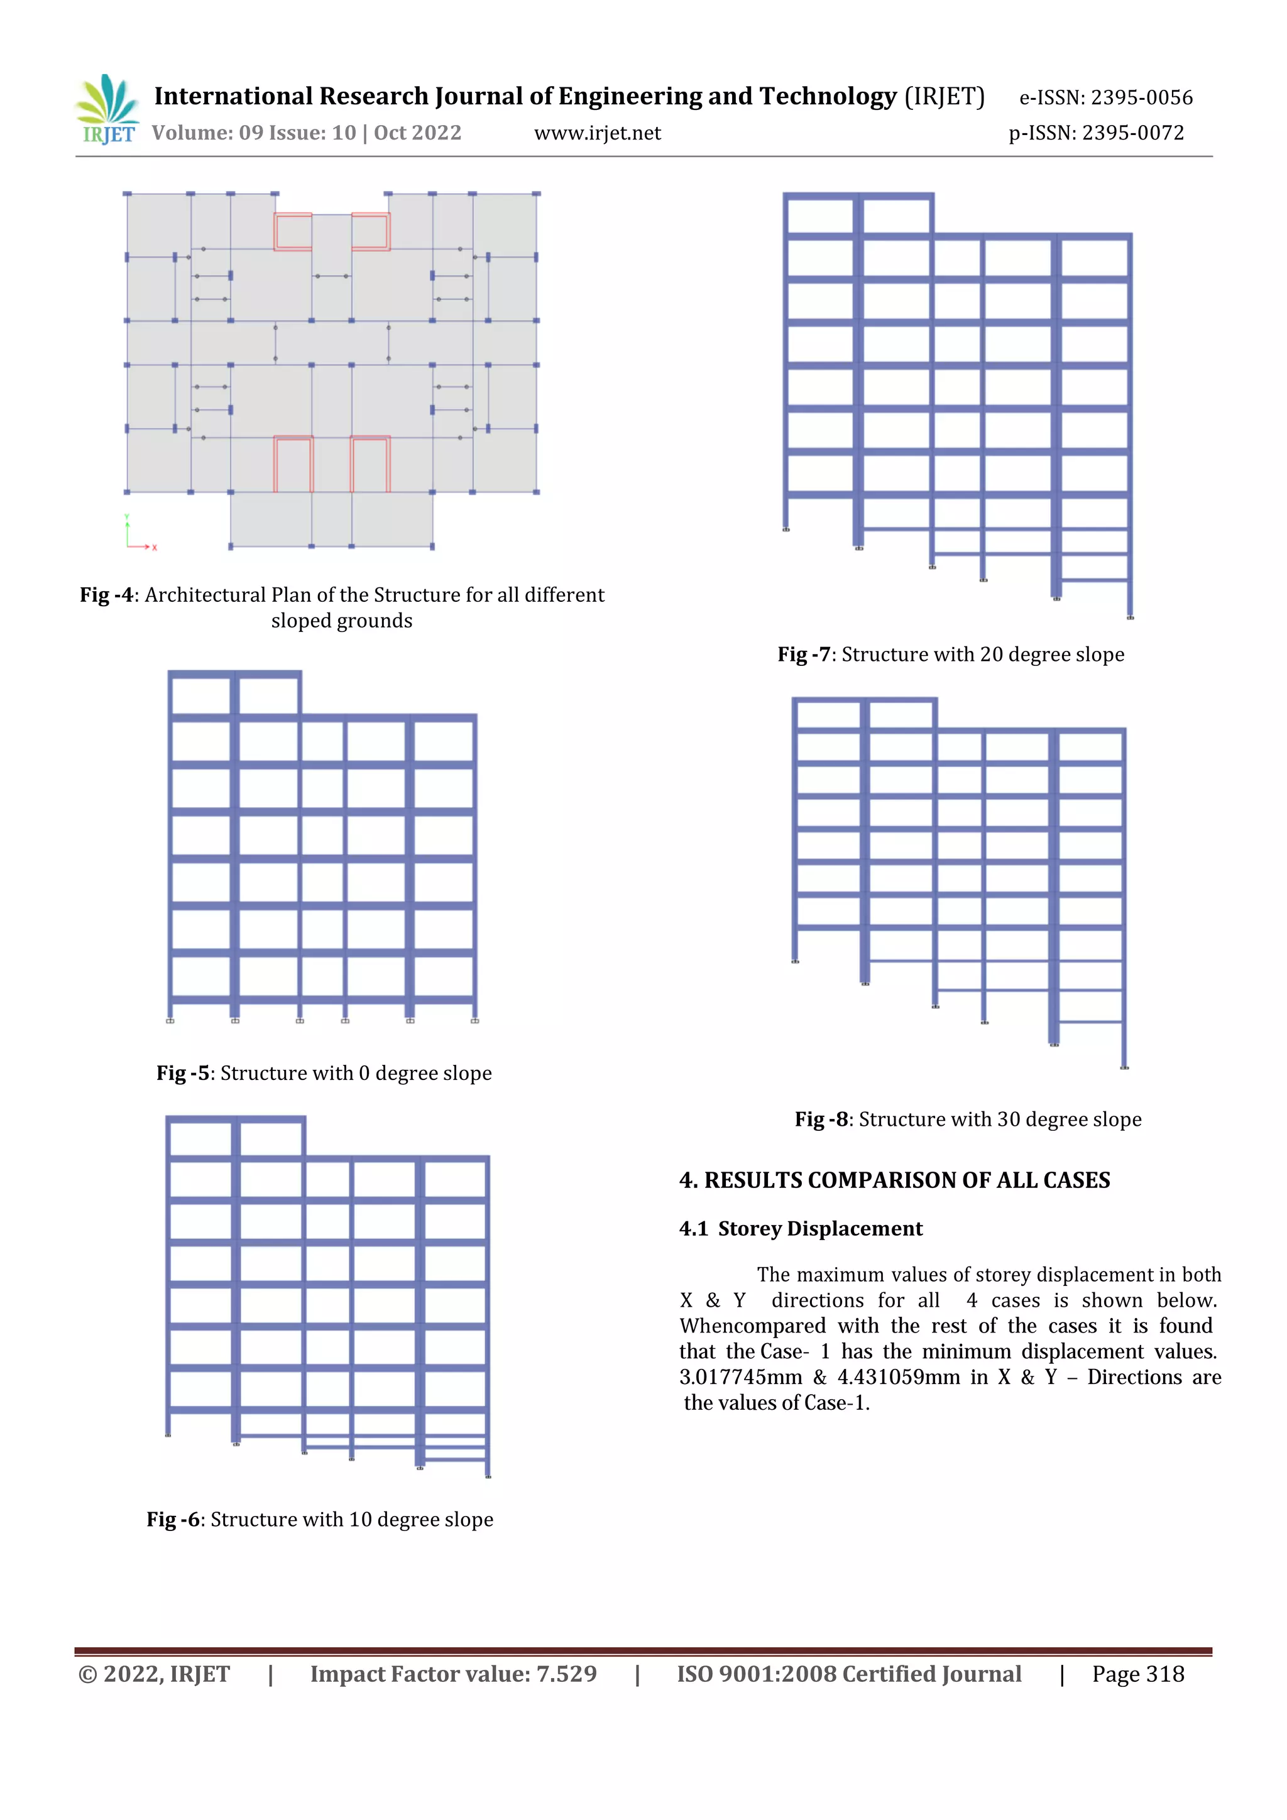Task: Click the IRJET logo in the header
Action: click(x=107, y=109)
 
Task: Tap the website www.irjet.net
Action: click(x=597, y=133)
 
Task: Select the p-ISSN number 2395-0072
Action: click(x=1132, y=133)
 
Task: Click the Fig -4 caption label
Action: click(x=106, y=594)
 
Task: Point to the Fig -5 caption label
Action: click(x=182, y=1072)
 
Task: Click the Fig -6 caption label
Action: click(x=172, y=1519)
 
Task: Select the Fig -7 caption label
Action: click(x=803, y=654)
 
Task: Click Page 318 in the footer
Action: click(x=1137, y=1674)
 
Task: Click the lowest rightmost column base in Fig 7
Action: click(x=1130, y=617)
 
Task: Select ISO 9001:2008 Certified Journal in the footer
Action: click(x=848, y=1674)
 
